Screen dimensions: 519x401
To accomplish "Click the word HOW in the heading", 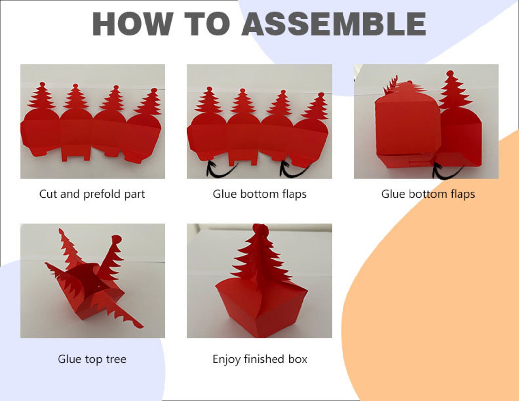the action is [x=133, y=24].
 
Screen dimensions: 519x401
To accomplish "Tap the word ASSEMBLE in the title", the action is [x=334, y=24].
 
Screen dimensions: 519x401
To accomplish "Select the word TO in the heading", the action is [x=207, y=24].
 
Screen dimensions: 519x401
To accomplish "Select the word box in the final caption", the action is [x=298, y=359].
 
